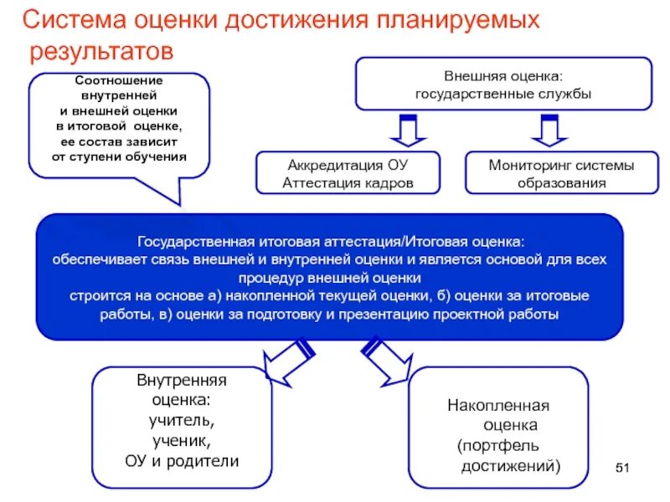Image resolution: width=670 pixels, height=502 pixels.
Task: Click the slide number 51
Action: (621, 467)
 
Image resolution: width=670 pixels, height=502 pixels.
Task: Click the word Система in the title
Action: (74, 20)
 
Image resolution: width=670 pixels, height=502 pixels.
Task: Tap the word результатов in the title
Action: (102, 52)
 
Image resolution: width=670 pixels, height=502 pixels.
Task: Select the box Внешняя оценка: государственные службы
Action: (502, 84)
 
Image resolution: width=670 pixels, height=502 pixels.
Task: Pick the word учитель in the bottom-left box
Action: (181, 420)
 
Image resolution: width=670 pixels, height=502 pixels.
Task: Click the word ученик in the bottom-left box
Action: (181, 440)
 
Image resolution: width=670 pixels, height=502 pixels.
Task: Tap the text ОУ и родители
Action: (182, 460)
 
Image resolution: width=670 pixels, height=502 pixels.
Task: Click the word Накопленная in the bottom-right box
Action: (498, 406)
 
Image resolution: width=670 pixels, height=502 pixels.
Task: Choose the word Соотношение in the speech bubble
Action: (119, 81)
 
